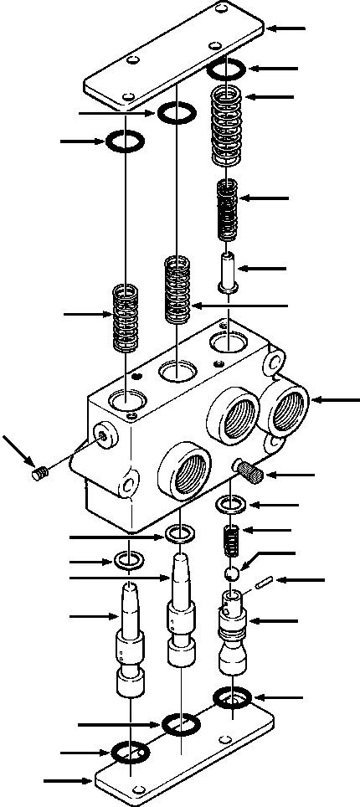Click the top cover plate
click(x=176, y=59)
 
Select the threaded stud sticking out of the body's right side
click(x=249, y=470)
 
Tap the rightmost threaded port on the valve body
click(x=289, y=409)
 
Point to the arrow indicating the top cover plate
click(x=289, y=28)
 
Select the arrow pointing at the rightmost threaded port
click(x=334, y=403)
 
